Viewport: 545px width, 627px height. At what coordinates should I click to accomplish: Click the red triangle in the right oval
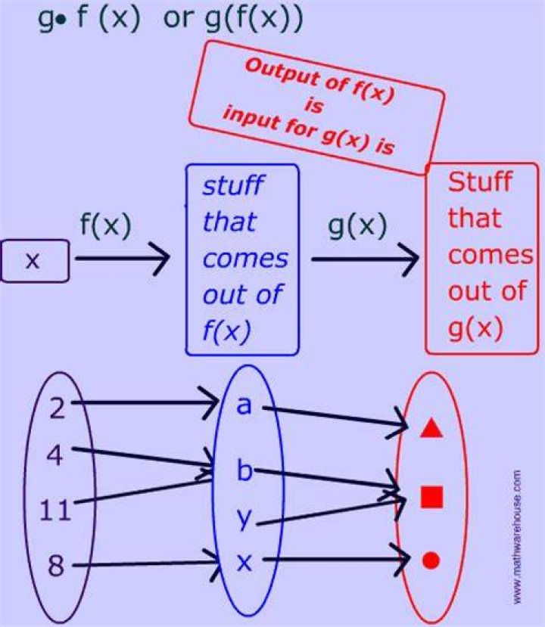click(x=431, y=428)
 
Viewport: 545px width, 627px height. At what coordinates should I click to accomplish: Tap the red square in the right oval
click(x=431, y=497)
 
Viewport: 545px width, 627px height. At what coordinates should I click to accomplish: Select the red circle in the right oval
click(x=431, y=560)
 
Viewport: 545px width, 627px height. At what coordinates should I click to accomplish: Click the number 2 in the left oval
click(x=58, y=408)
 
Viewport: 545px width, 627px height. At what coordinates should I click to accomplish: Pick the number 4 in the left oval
click(x=54, y=455)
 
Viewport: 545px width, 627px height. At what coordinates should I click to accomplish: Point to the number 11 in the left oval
click(x=55, y=511)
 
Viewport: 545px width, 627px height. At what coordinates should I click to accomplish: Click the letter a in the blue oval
click(x=244, y=405)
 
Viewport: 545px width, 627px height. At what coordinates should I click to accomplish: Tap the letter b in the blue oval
click(x=244, y=470)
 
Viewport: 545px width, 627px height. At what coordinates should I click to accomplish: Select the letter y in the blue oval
click(x=244, y=519)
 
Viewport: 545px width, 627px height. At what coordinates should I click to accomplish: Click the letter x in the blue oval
click(x=244, y=563)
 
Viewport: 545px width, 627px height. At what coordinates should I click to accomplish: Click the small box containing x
click(x=35, y=261)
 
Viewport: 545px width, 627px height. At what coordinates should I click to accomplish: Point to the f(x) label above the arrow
click(x=106, y=225)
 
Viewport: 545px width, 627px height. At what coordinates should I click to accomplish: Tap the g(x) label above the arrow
click(x=357, y=226)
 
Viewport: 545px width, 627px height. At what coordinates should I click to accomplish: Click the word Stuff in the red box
click(x=480, y=182)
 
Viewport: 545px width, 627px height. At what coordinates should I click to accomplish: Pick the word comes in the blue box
click(x=245, y=259)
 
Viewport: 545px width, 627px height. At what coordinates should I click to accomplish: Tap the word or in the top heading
click(x=178, y=19)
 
